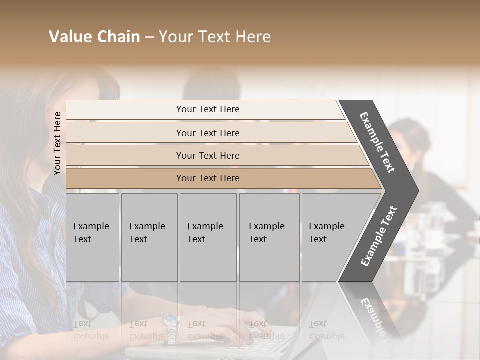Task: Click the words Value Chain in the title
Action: point(94,37)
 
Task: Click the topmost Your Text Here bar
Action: point(207,109)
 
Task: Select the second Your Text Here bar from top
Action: point(207,133)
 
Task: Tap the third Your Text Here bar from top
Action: point(207,155)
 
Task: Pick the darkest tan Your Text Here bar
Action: point(207,178)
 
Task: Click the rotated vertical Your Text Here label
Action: point(57,143)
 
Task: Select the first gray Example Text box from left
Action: point(92,237)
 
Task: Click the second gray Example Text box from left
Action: point(149,237)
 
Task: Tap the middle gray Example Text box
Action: point(207,237)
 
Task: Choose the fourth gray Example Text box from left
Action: point(269,237)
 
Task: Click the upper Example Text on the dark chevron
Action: point(377,142)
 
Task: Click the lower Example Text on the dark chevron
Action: point(378,236)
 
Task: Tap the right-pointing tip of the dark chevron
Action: point(416,190)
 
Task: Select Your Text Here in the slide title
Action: point(215,37)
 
